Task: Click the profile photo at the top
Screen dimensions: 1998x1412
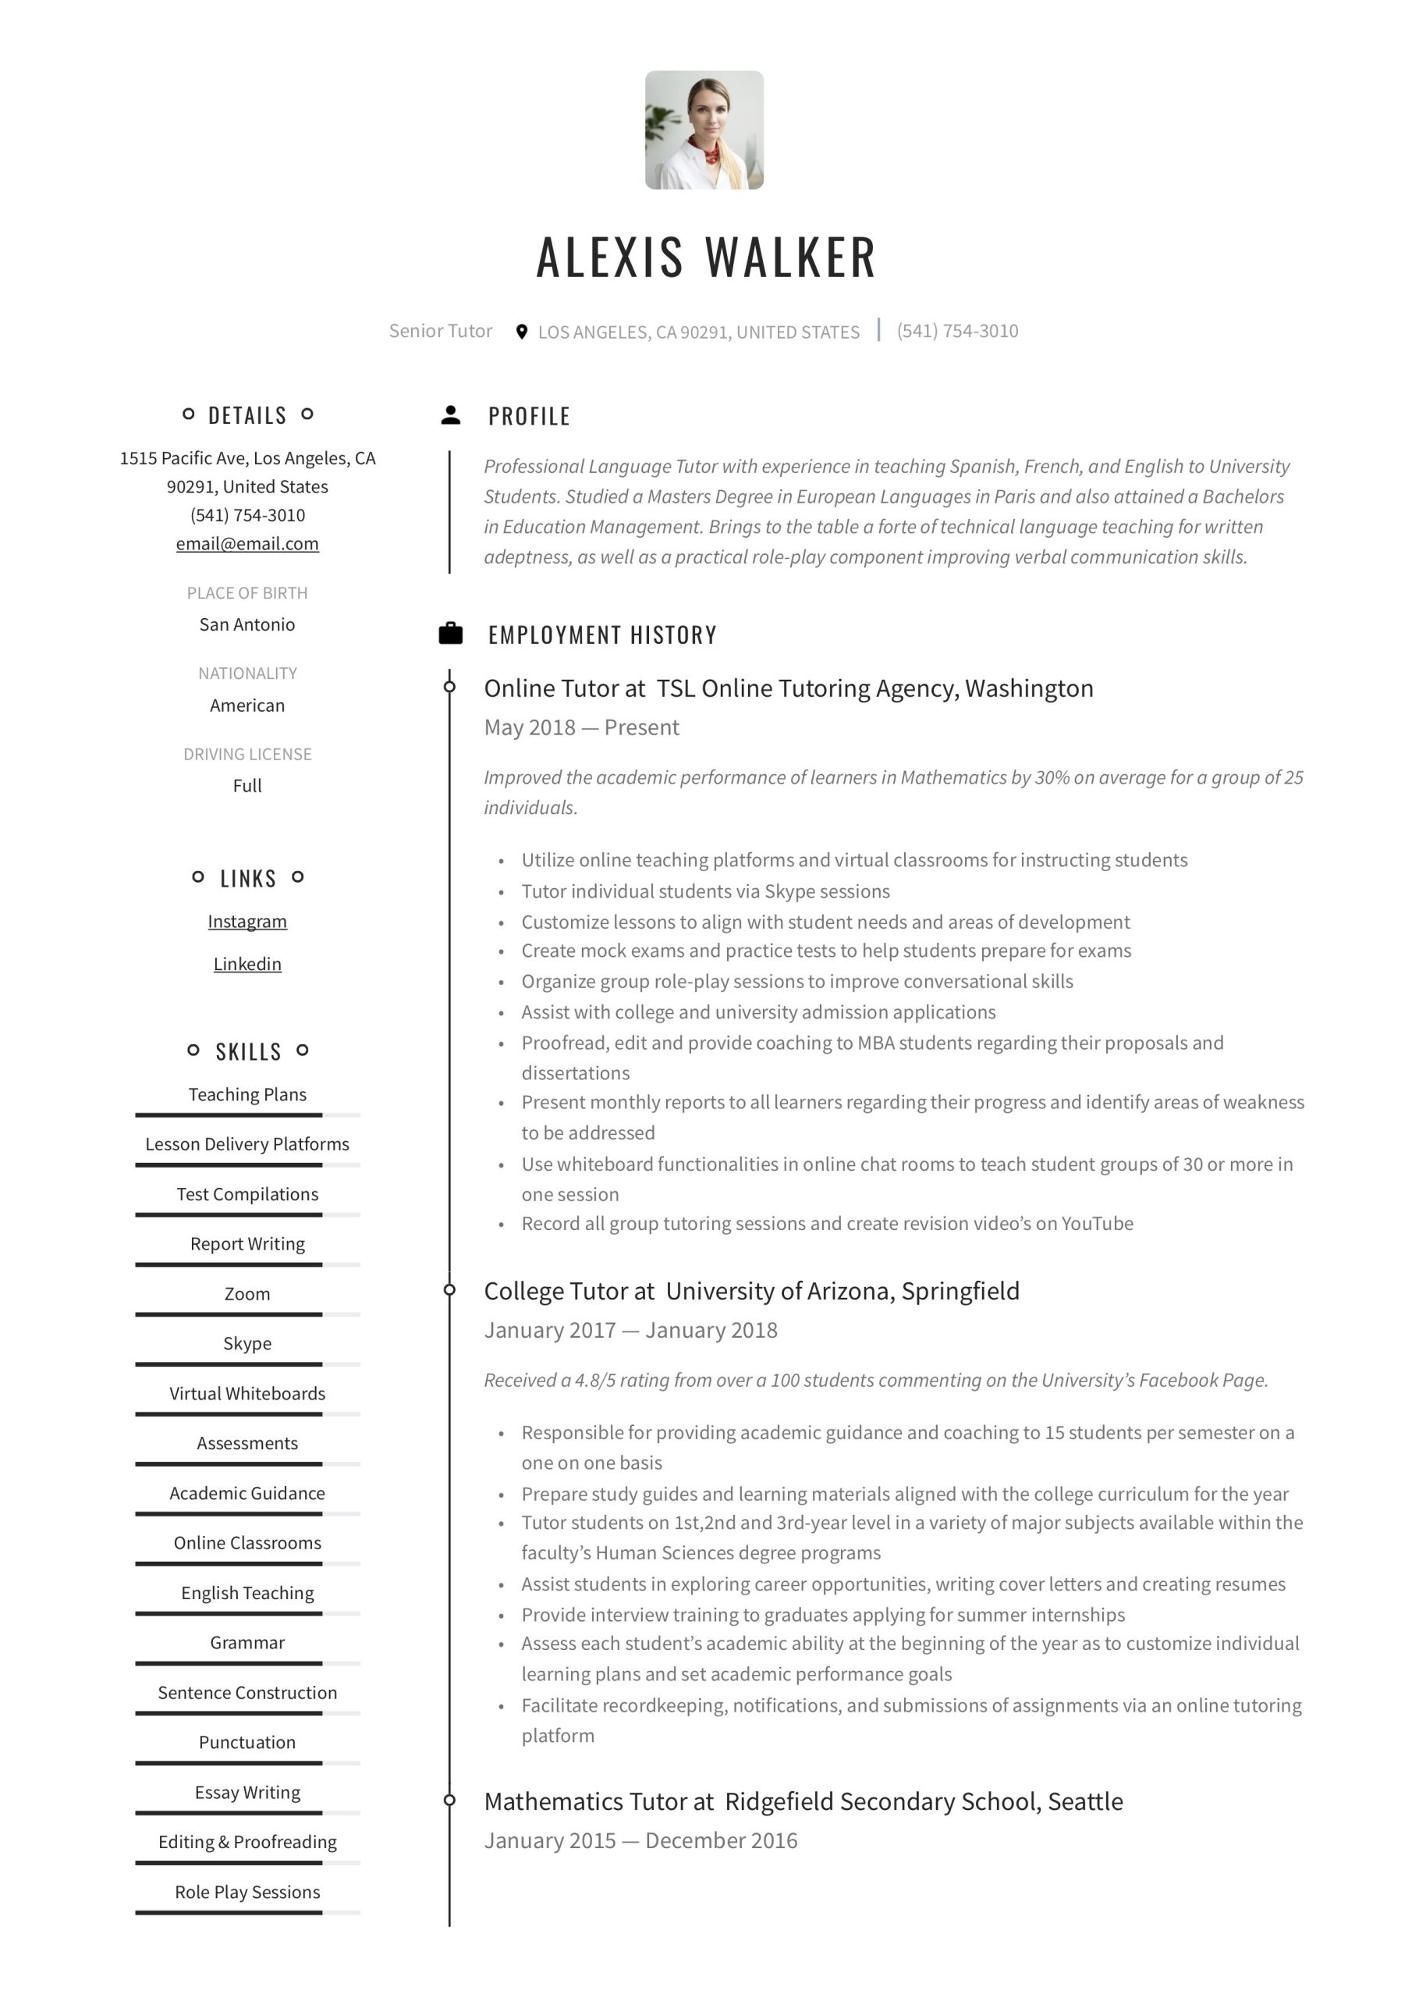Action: coord(704,130)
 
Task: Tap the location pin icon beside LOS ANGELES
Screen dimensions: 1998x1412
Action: coord(521,332)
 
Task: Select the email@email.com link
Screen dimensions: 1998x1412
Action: coord(247,544)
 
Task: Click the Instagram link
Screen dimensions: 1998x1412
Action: coord(247,922)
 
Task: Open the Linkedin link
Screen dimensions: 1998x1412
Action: coord(247,964)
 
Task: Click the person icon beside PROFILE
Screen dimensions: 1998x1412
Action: coord(451,415)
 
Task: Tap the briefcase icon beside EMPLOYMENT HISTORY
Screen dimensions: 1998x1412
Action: coord(451,634)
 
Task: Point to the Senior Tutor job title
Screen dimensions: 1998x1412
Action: coord(440,331)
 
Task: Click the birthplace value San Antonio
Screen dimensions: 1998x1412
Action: coord(247,625)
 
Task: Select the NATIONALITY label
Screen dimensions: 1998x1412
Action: coord(247,674)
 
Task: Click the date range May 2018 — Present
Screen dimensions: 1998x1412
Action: coord(581,727)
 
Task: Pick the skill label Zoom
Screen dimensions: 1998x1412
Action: coord(247,1294)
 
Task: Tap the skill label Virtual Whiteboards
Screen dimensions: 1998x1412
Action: coord(247,1393)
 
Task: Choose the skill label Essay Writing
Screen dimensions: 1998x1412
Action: coord(247,1793)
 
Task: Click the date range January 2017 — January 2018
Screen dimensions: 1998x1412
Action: coord(631,1331)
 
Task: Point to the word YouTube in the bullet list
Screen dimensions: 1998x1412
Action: coord(1097,1224)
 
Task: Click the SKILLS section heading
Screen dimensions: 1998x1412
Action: coord(248,1052)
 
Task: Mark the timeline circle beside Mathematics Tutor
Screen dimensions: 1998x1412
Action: coord(450,1801)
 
